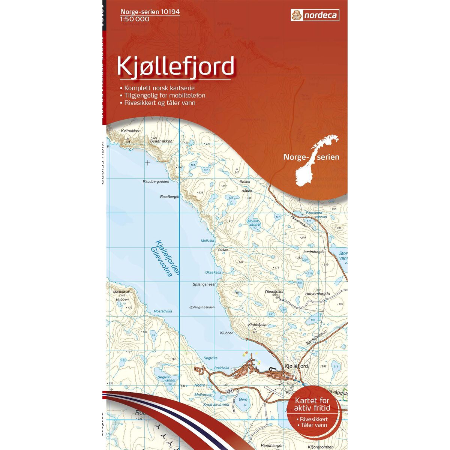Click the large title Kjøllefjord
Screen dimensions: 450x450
[175, 67]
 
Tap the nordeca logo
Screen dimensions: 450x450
[315, 15]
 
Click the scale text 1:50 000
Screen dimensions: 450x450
[135, 19]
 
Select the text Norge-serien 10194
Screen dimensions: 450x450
[150, 12]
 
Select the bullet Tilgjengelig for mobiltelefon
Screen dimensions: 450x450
[162, 95]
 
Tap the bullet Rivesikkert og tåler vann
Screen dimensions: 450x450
[157, 102]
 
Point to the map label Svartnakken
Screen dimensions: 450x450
[161, 141]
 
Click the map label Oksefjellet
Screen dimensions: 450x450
[274, 291]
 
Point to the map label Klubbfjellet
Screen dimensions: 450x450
[258, 325]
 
